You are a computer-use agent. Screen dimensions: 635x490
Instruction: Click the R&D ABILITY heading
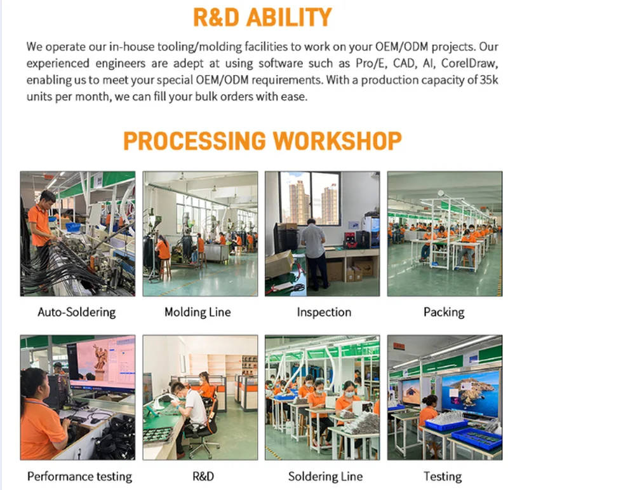click(x=262, y=17)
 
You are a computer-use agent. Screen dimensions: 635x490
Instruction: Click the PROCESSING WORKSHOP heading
click(x=262, y=140)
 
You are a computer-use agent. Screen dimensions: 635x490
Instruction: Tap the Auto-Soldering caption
click(x=77, y=312)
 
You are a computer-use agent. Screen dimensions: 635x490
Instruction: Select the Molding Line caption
click(x=197, y=312)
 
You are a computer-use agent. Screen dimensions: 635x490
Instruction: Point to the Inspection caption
click(x=324, y=312)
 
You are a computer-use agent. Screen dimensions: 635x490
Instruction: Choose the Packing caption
click(x=444, y=312)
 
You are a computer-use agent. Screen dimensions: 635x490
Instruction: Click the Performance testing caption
click(x=79, y=476)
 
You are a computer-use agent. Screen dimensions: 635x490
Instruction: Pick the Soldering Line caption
click(x=325, y=476)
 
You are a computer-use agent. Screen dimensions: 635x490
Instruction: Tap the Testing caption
click(x=443, y=476)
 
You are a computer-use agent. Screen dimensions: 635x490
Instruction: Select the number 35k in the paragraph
click(x=489, y=79)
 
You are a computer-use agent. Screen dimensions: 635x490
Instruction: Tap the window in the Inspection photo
click(x=309, y=198)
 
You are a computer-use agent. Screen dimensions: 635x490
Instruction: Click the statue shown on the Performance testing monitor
click(x=100, y=357)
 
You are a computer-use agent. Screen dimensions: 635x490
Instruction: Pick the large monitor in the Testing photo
click(x=470, y=394)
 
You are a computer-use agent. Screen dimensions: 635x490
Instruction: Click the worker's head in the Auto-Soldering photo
click(x=47, y=198)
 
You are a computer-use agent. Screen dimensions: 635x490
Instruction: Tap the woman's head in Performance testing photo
click(x=35, y=383)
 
